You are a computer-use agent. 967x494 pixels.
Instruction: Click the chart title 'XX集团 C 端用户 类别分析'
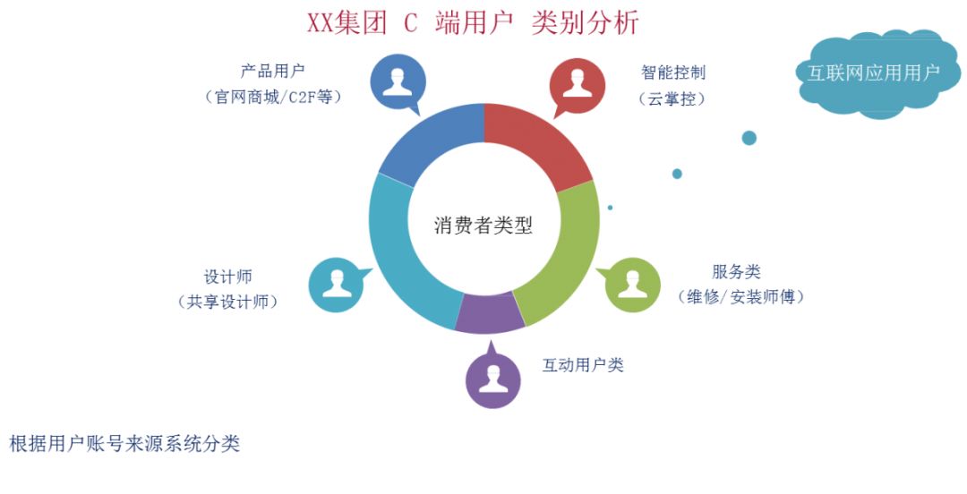point(473,22)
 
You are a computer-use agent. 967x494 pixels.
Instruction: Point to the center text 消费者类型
point(483,226)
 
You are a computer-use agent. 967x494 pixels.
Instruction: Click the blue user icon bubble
point(398,82)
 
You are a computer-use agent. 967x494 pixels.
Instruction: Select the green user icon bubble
point(632,285)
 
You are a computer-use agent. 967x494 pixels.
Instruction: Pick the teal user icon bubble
point(337,285)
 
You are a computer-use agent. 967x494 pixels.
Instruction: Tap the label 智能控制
point(673,72)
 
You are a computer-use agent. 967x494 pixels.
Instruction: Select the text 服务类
point(736,272)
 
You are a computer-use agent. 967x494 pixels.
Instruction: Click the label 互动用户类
point(583,365)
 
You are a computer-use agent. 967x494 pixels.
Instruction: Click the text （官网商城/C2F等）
point(273,97)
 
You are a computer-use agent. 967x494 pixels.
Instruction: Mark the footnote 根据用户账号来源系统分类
point(124,444)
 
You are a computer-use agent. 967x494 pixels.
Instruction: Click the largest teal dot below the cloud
point(749,138)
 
